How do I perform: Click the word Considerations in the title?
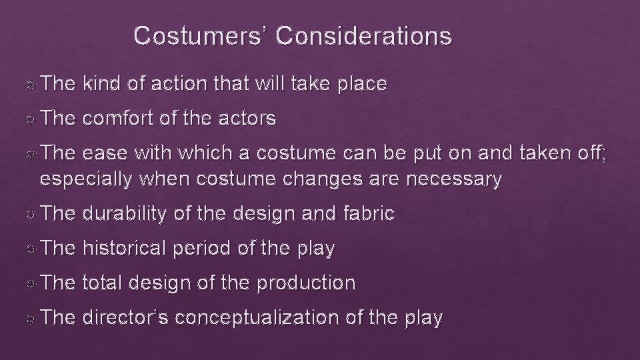[x=363, y=36]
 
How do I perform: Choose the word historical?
[x=126, y=249]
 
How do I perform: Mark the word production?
[x=307, y=283]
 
